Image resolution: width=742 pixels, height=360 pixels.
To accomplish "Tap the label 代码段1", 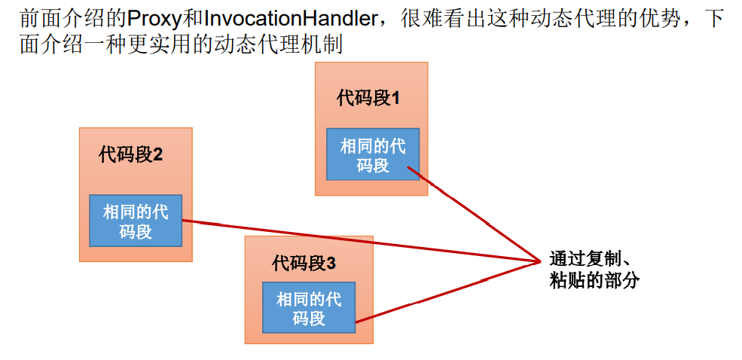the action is click(x=368, y=98).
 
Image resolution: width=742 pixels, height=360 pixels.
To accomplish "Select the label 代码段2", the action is click(x=130, y=155).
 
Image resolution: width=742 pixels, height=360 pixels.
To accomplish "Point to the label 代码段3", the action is click(x=304, y=264).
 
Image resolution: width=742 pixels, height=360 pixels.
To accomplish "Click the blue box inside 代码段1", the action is click(x=372, y=154).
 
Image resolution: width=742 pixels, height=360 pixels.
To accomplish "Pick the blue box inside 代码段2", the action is click(x=136, y=221).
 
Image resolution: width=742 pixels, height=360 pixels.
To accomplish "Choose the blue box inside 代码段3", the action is click(x=308, y=308).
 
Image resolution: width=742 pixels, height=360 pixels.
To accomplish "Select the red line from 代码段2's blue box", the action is click(x=362, y=241).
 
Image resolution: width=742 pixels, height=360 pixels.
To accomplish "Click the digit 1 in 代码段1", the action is click(x=395, y=98).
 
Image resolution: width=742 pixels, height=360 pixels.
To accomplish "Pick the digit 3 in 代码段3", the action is click(x=331, y=264).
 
